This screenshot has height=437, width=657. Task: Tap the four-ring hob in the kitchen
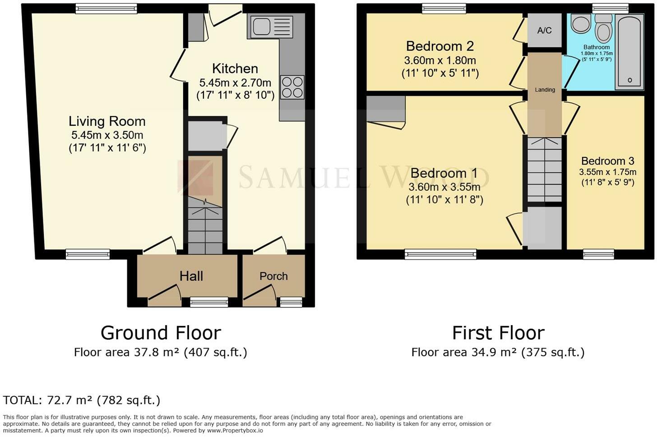point(292,87)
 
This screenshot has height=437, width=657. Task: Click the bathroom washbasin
point(581,24)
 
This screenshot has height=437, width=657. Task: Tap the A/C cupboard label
point(544,31)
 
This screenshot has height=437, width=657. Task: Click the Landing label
point(545,90)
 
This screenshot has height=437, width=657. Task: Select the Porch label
point(273,276)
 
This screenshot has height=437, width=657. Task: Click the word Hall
point(191,276)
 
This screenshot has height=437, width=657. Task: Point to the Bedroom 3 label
point(608,161)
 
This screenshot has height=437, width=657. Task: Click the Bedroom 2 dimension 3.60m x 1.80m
point(440,60)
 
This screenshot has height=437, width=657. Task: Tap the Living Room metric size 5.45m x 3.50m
point(107,135)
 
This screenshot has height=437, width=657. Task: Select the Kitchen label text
point(235,69)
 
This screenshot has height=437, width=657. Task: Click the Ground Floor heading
point(161,333)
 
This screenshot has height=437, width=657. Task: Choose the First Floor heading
point(498,333)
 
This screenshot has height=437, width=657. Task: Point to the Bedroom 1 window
point(440,254)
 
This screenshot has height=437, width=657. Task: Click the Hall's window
point(209,302)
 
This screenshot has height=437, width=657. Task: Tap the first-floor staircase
point(545,170)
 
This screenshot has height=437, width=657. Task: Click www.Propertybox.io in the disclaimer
point(235,431)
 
